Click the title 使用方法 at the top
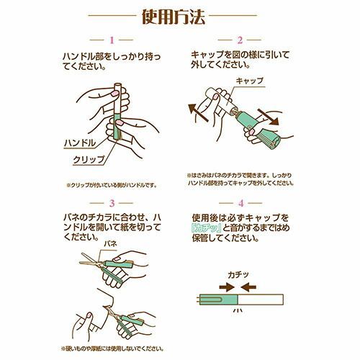179,15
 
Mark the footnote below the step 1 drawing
112,184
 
